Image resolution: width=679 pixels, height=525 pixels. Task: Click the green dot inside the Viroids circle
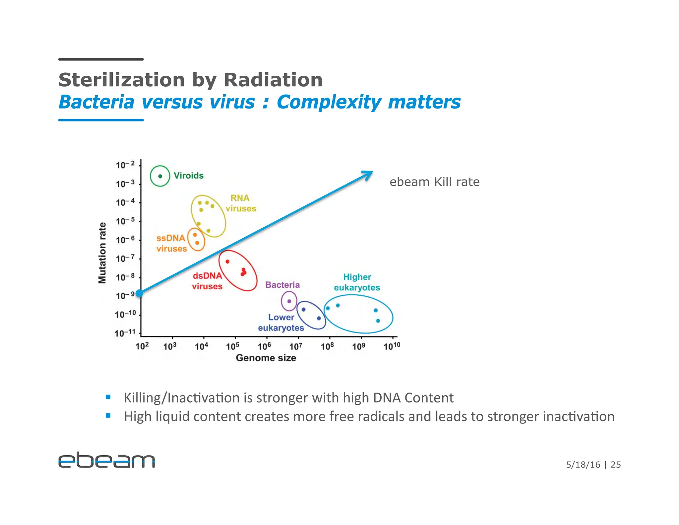pos(160,176)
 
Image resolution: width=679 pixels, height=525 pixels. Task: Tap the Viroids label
pos(188,176)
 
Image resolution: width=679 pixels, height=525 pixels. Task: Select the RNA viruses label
pos(241,203)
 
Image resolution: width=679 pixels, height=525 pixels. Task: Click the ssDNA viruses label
pos(171,243)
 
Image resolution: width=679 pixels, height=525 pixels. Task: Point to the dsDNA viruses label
pos(207,281)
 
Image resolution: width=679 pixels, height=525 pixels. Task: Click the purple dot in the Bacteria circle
pos(289,301)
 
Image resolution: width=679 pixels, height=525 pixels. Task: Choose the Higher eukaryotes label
pos(357,282)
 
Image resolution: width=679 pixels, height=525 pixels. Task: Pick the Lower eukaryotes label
pos(281,322)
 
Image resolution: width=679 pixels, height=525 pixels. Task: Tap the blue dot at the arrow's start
pos(140,293)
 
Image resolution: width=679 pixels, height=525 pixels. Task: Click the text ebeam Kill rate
pos(434,182)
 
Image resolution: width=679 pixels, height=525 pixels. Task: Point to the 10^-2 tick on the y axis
pos(125,165)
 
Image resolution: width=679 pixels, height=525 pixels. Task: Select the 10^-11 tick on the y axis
pos(125,333)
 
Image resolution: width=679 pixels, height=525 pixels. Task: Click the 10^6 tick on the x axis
pos(264,346)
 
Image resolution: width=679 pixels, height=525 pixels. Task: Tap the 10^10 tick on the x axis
pos(392,346)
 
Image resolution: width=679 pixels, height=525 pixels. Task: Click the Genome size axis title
pos(266,358)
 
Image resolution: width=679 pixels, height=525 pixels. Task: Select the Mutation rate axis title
pos(102,253)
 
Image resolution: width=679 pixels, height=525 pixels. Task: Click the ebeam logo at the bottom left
pos(106,460)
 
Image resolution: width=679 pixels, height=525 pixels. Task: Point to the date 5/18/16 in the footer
pos(583,465)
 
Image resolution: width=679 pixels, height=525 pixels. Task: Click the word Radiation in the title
pos(273,80)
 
